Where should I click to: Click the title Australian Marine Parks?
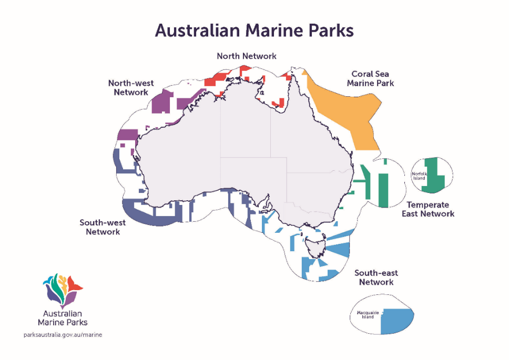click(254, 30)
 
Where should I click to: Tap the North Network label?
click(247, 56)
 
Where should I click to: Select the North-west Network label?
click(128, 87)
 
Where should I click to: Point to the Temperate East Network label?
click(428, 209)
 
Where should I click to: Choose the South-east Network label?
click(376, 277)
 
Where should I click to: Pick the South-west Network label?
click(103, 227)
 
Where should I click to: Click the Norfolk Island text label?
click(419, 176)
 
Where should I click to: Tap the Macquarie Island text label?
click(365, 315)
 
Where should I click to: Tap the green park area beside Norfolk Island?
click(434, 176)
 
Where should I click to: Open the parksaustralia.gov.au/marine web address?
click(63, 335)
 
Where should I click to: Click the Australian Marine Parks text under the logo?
click(63, 318)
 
